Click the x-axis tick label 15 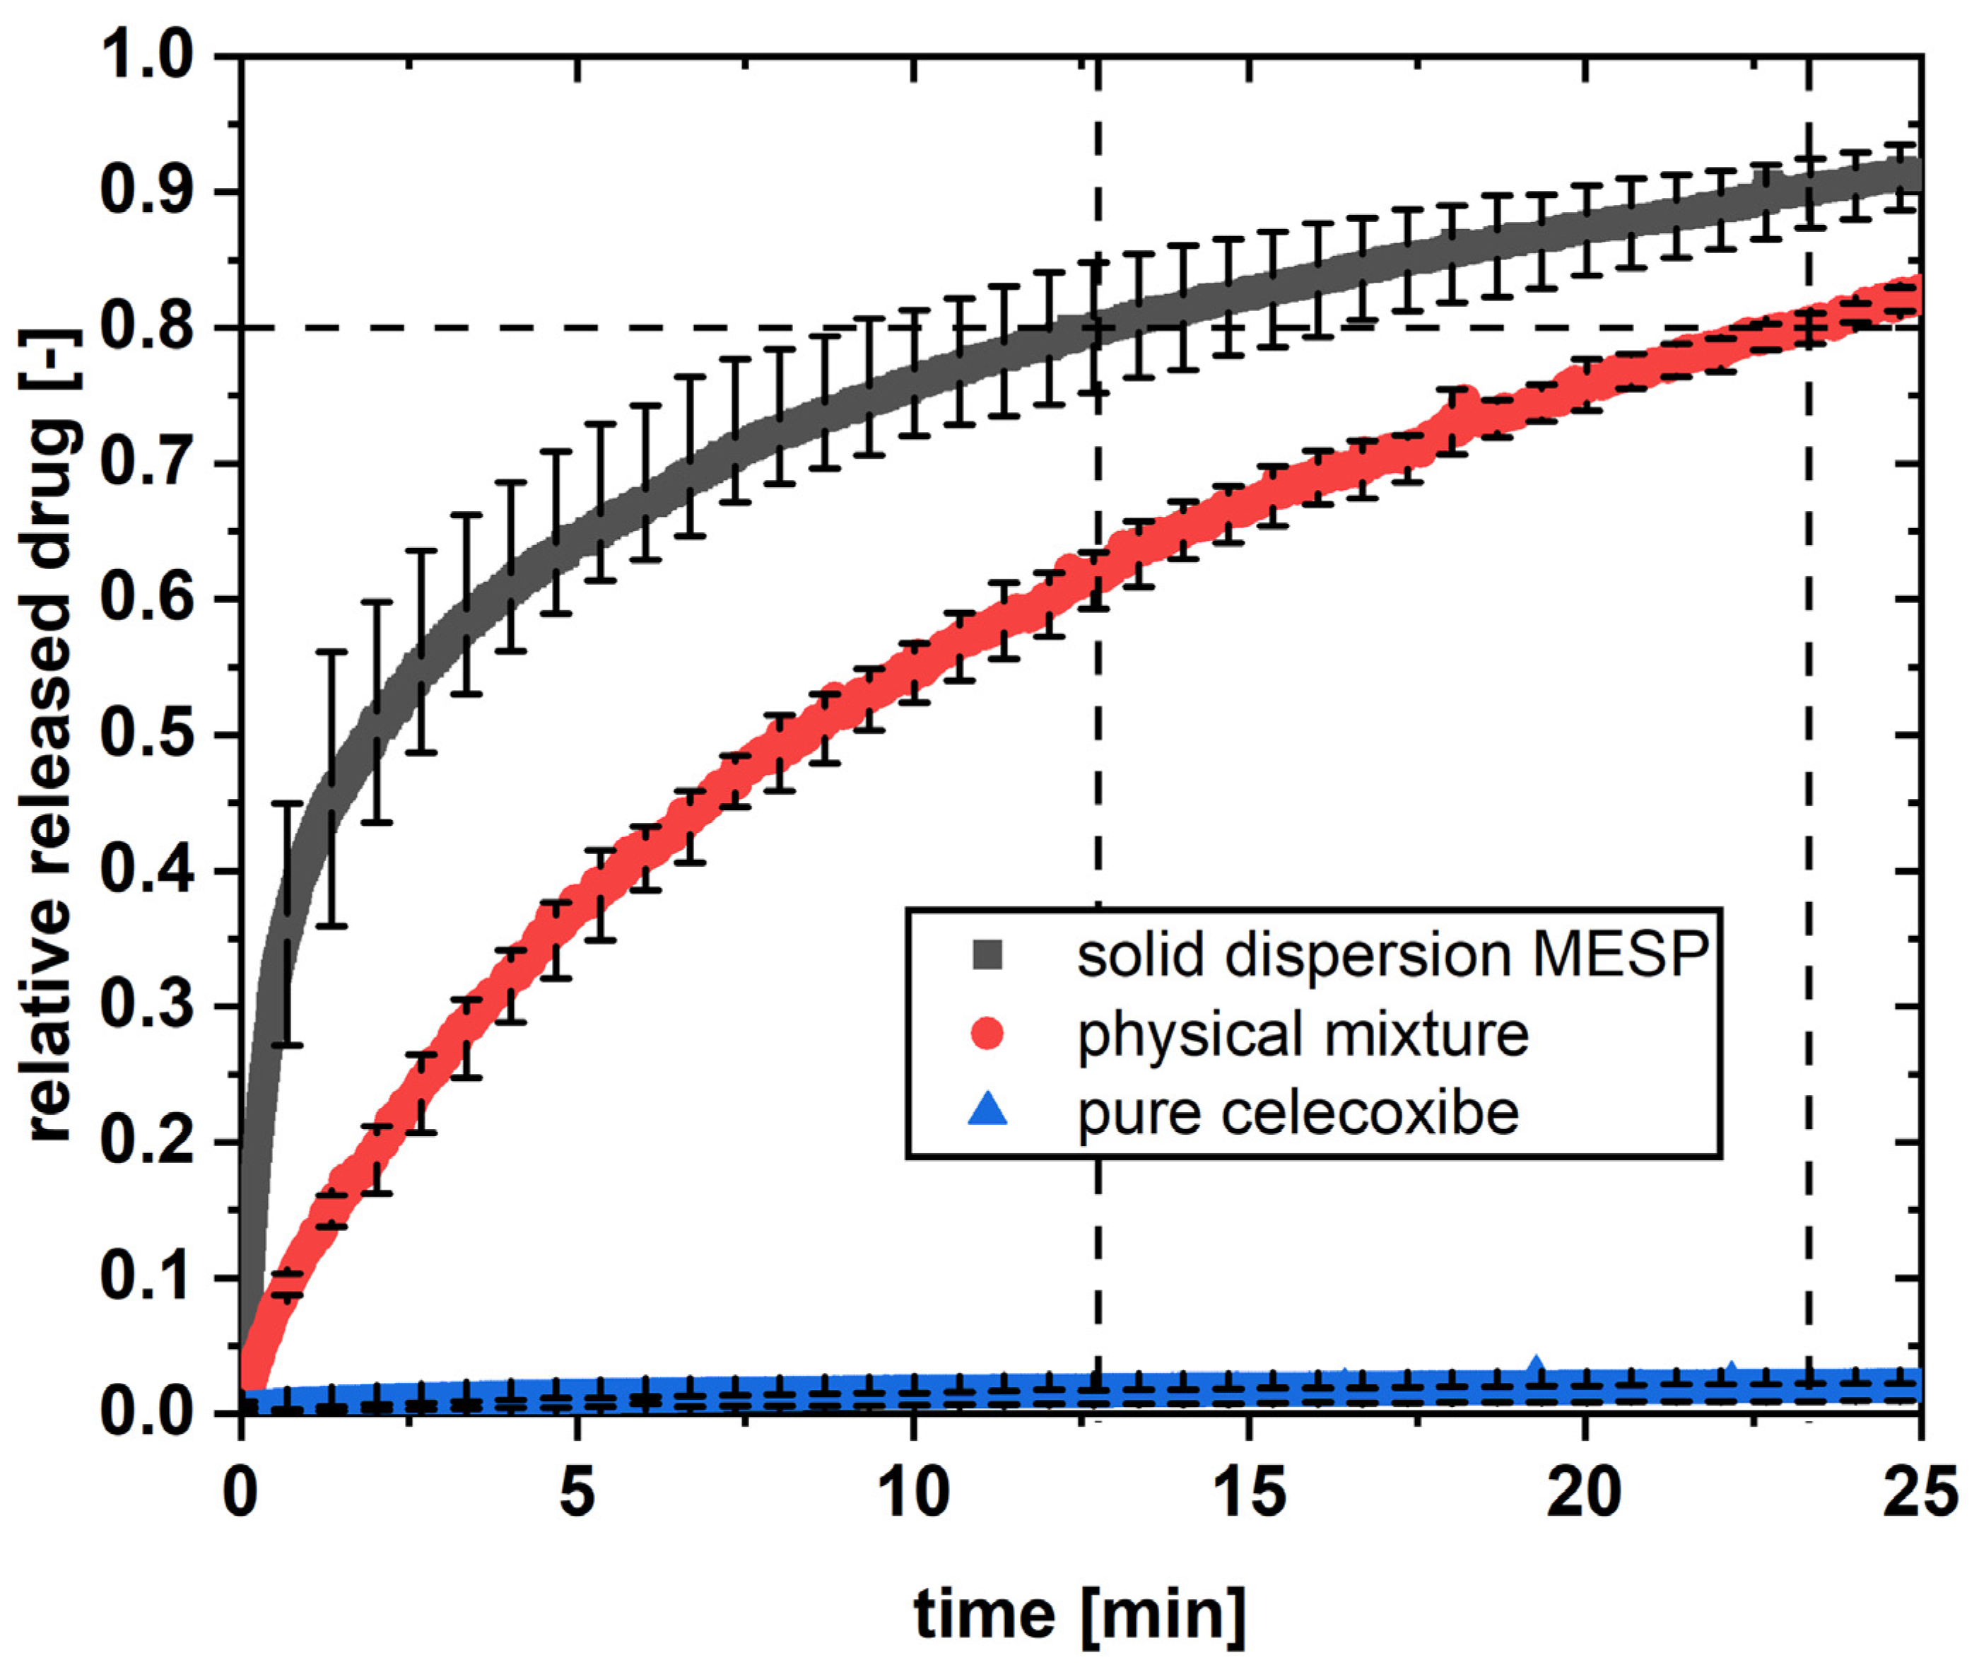pyautogui.click(x=1250, y=1493)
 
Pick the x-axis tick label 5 pyautogui.click(x=577, y=1493)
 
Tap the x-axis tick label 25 pyautogui.click(x=1920, y=1493)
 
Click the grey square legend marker pyautogui.click(x=987, y=955)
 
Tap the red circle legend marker pyautogui.click(x=987, y=1034)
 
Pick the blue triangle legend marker pyautogui.click(x=987, y=1110)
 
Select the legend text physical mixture pyautogui.click(x=1303, y=1034)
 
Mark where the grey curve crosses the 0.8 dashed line pyautogui.click(x=1098, y=329)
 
